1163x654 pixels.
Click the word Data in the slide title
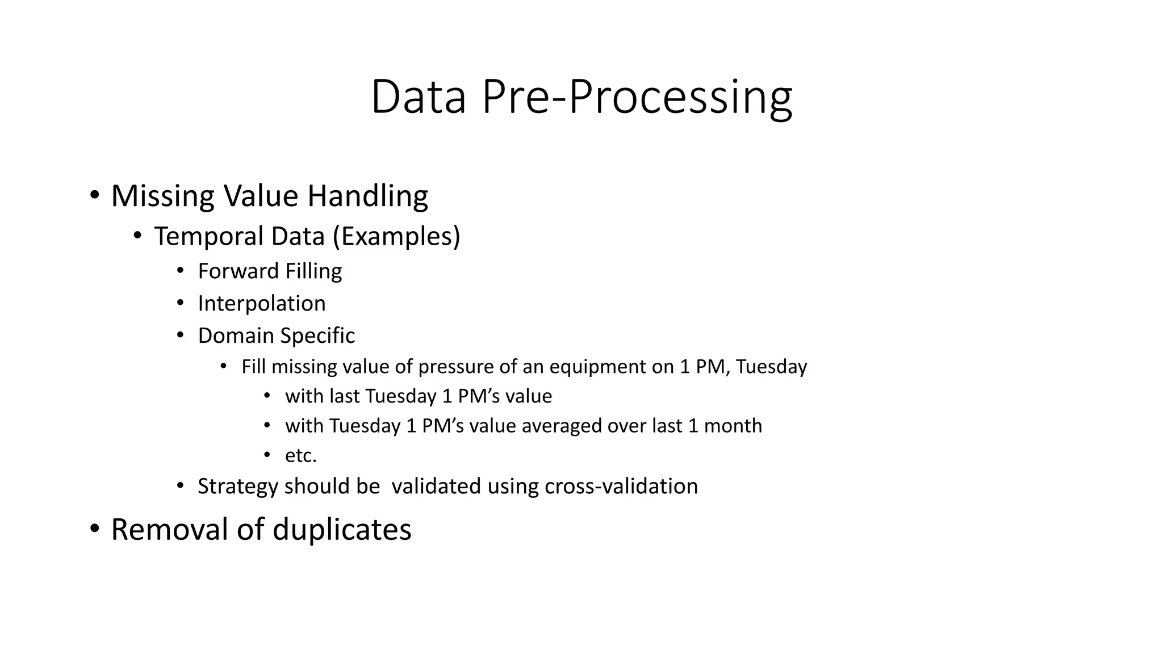click(x=419, y=98)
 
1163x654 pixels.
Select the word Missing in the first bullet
click(x=163, y=196)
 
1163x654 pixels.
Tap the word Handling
click(x=367, y=196)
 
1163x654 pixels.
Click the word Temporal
click(x=208, y=237)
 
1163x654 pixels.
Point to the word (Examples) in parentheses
click(x=396, y=237)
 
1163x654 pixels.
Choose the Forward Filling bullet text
click(x=270, y=271)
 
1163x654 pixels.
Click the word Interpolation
click(x=261, y=304)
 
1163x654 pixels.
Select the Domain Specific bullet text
click(x=276, y=336)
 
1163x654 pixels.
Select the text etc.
click(x=300, y=455)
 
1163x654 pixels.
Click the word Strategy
click(x=238, y=487)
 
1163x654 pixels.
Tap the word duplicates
click(x=342, y=530)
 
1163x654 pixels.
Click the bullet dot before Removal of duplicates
click(x=94, y=529)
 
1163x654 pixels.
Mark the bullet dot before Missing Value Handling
click(x=94, y=196)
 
